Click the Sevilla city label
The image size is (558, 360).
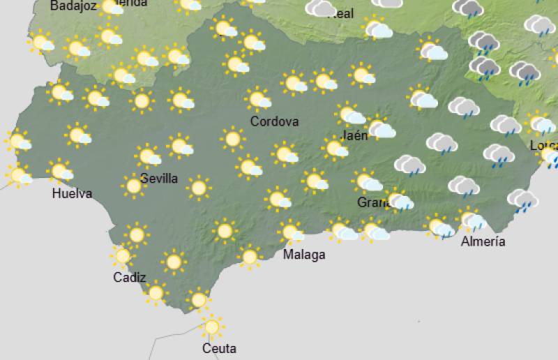click(158, 179)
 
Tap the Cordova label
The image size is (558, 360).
click(274, 122)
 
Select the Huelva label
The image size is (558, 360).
click(72, 194)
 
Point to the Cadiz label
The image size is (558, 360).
click(130, 278)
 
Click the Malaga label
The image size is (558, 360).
click(304, 255)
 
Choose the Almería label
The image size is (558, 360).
click(483, 241)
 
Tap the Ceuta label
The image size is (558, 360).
click(219, 348)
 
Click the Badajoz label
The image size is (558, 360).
click(73, 6)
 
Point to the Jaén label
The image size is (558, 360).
click(356, 135)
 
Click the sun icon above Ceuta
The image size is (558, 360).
click(211, 326)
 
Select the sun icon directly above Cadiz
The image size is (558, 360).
click(123, 256)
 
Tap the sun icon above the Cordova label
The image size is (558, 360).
click(259, 99)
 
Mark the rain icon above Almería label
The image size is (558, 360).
click(474, 220)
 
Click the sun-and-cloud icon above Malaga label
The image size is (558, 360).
click(292, 232)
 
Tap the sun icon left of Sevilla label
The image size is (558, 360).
click(133, 186)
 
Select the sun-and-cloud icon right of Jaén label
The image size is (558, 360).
click(379, 128)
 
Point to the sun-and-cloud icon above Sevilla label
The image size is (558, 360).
click(148, 156)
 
